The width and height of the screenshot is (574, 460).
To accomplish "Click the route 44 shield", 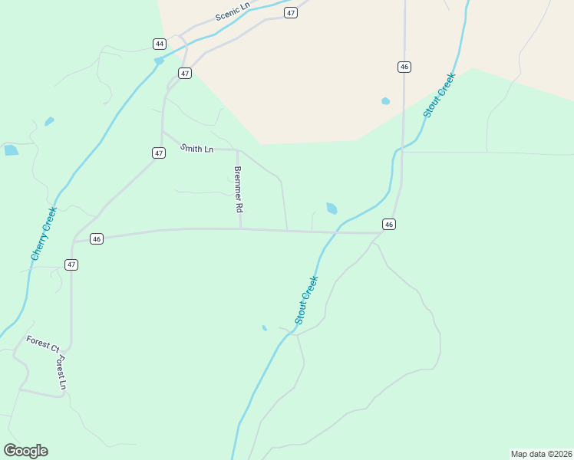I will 159,44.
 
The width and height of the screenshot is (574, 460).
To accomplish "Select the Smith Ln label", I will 197,148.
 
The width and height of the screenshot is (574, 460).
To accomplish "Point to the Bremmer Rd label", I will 239,189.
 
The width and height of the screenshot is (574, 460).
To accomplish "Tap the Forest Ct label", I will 42,343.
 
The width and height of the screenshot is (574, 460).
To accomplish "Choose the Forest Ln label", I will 61,373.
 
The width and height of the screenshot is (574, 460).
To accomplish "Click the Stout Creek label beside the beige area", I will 439,95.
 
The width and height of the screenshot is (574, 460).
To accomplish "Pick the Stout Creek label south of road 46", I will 306,300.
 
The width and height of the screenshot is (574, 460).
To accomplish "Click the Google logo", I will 25,450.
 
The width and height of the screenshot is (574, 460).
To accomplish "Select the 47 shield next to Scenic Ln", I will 290,13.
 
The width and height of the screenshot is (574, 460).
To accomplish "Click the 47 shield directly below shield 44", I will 184,73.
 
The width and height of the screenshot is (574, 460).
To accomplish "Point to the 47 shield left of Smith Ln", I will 159,153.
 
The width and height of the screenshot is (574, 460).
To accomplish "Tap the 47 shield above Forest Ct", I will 71,264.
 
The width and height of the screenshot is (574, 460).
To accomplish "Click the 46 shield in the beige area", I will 404,67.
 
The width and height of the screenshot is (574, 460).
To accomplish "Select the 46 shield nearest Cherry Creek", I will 96,239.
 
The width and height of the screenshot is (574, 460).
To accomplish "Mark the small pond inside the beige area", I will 385,100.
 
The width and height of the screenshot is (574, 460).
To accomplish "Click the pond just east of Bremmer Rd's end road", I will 332,208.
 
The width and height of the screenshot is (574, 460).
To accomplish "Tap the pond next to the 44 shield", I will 159,61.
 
